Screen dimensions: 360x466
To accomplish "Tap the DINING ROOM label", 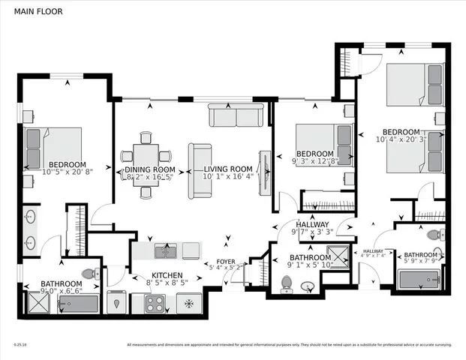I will pyautogui.click(x=149, y=170).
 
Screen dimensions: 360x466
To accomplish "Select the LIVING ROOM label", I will pyautogui.click(x=228, y=170).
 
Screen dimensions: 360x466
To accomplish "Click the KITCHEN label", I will pyautogui.click(x=169, y=275).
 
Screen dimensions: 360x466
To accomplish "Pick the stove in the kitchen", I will pyautogui.click(x=155, y=303).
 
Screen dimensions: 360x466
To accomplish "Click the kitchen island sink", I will pyautogui.click(x=165, y=249).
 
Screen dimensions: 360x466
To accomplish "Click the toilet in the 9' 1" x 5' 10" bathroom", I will pyautogui.click(x=285, y=283).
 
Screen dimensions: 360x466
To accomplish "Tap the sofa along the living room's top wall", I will pyautogui.click(x=236, y=116).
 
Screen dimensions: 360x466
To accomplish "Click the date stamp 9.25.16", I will pyautogui.click(x=20, y=345).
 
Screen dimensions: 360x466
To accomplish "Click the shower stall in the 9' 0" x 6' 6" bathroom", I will pyautogui.click(x=37, y=302).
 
